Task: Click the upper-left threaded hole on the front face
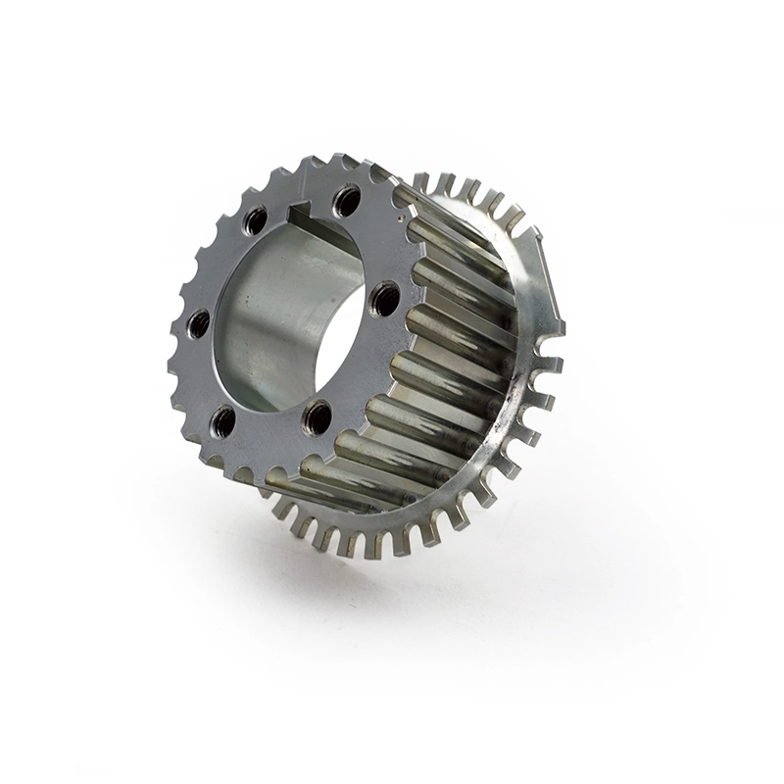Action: pos(255,221)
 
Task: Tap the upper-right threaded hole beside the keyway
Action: pos(346,203)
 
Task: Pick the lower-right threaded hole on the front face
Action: pos(318,418)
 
